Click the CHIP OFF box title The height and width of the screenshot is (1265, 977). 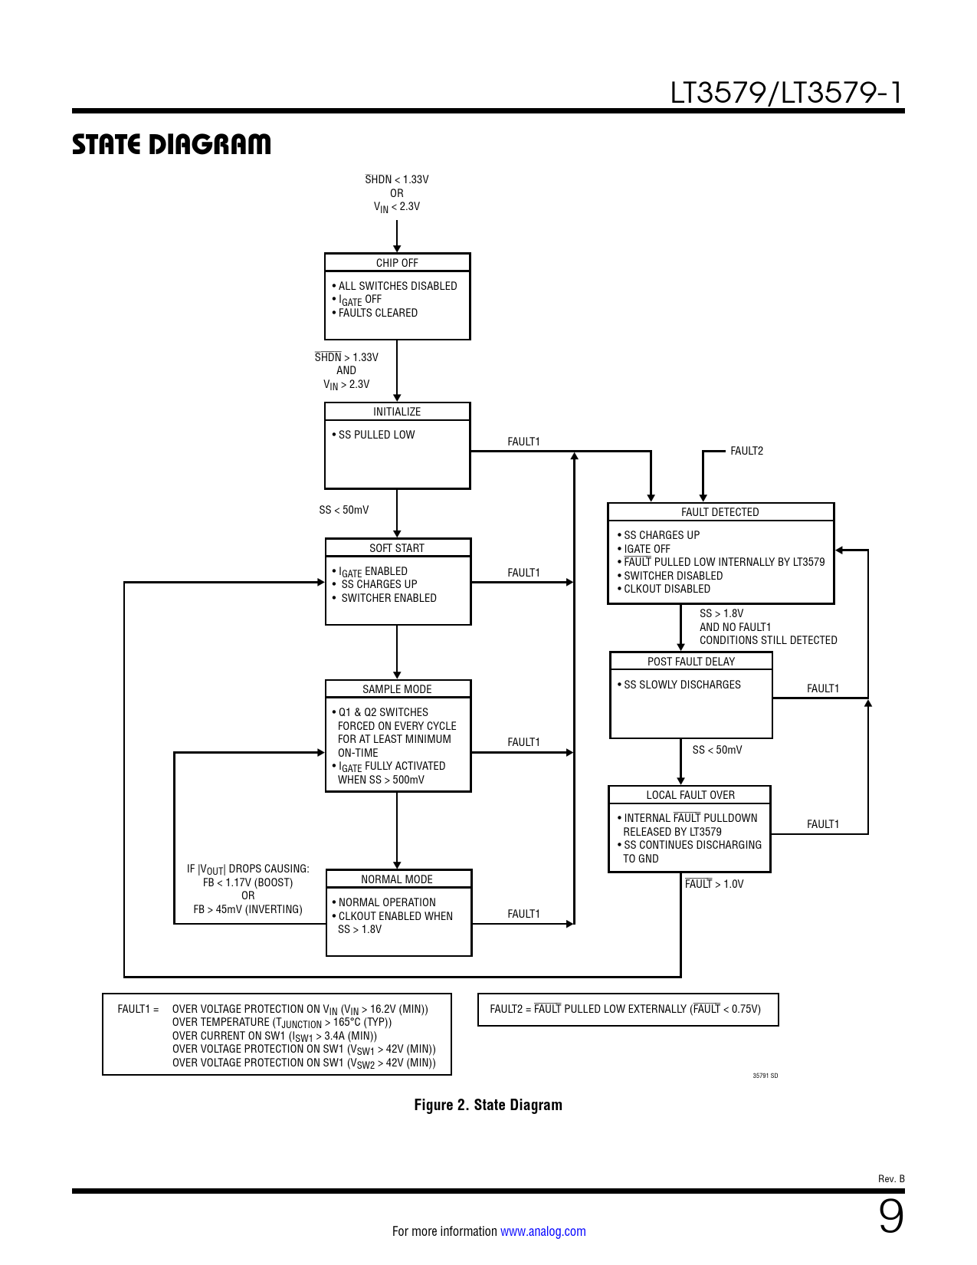coord(397,263)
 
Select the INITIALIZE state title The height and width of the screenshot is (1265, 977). coord(397,412)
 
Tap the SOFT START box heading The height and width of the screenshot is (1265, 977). coord(397,548)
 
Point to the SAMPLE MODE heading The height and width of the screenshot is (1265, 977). coord(397,689)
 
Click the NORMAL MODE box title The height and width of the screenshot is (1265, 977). coord(397,879)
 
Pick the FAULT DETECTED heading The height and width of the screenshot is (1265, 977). coord(720,512)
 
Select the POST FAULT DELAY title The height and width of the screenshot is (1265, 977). coord(690,662)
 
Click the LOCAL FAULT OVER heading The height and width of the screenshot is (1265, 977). coord(690,795)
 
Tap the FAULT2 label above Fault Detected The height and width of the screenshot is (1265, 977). coord(746,451)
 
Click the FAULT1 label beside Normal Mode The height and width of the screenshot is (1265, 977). coord(523,914)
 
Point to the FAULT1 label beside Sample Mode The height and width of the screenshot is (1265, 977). coord(523,742)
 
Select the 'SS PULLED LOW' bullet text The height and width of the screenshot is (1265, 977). coord(376,435)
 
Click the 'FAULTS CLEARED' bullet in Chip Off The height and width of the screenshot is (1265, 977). coord(378,313)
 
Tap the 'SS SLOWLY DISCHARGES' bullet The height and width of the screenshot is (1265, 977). coord(682,685)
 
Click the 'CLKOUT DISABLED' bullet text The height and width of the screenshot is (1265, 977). coord(667,589)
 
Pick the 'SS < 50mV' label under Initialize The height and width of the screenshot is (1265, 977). coord(344,510)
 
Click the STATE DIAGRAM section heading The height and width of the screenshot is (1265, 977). coord(172,144)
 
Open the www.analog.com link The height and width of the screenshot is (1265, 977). coord(543,1231)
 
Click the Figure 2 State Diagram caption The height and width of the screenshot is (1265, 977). coord(488,1105)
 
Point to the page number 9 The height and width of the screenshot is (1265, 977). coord(890,1217)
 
